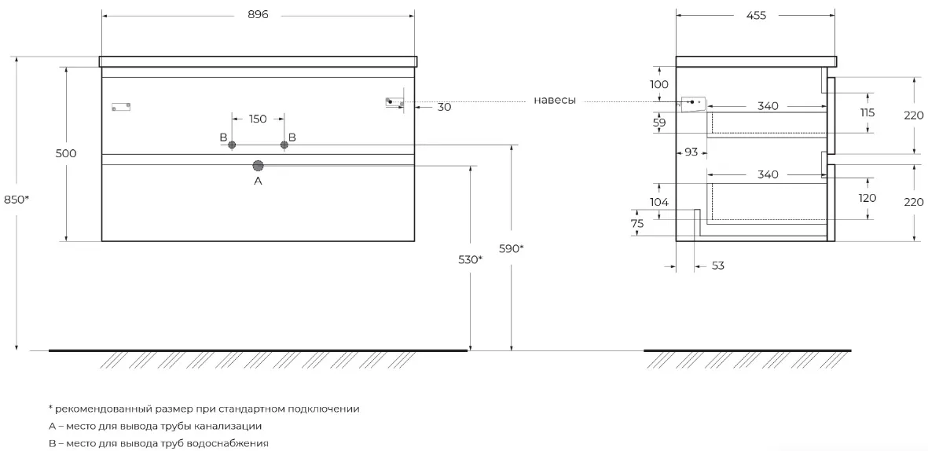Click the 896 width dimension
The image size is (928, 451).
click(258, 15)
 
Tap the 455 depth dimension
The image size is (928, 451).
click(756, 16)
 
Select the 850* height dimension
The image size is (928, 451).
click(17, 200)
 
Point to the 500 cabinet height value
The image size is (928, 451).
click(66, 153)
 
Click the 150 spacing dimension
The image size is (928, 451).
click(258, 119)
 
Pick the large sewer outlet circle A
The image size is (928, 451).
click(258, 167)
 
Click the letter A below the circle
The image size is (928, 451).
click(258, 181)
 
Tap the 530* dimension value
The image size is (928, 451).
click(471, 259)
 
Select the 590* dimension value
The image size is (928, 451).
click(512, 248)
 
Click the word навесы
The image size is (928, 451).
click(555, 100)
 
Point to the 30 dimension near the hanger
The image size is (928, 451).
click(444, 107)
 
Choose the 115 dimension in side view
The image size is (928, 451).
click(867, 112)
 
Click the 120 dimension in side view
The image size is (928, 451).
click(867, 198)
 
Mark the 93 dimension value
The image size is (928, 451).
click(691, 152)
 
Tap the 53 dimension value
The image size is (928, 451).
click(717, 266)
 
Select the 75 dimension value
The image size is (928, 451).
click(636, 223)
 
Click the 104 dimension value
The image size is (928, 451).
click(658, 202)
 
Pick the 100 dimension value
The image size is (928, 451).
click(658, 84)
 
